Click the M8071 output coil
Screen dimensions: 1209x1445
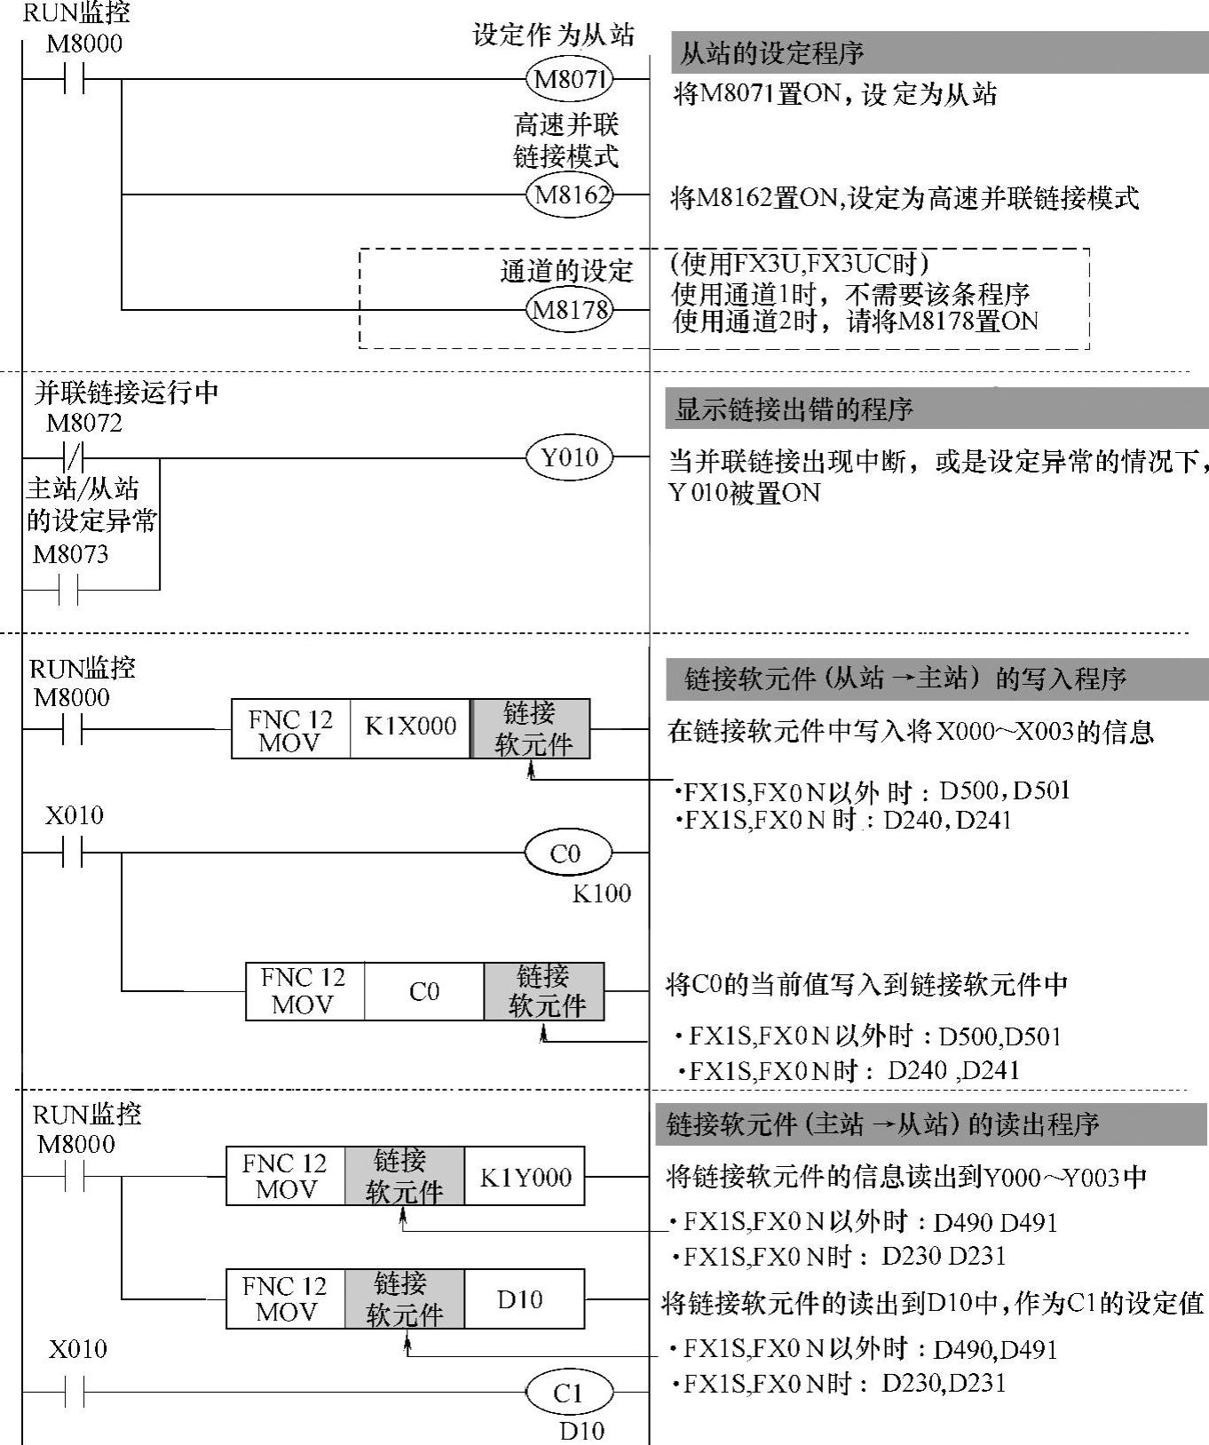tap(570, 79)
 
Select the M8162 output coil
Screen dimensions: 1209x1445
tap(570, 194)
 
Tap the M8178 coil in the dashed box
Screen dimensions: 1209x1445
tap(570, 309)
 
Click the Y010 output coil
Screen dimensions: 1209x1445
tap(570, 458)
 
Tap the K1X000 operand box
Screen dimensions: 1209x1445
tap(410, 727)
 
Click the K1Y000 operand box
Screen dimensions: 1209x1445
tap(525, 1177)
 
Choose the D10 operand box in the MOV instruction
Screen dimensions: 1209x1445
tap(522, 1299)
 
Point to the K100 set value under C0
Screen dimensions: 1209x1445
tap(601, 893)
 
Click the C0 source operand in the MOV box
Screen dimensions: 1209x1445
tap(423, 991)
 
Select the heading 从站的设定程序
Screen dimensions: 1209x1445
tap(771, 54)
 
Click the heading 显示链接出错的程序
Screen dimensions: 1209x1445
tap(794, 409)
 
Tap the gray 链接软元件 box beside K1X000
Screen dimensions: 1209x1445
tap(530, 728)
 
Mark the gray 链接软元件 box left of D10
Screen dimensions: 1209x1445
tap(405, 1299)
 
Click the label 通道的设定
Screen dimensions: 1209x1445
tap(566, 271)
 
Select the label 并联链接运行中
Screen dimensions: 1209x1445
tap(126, 393)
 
